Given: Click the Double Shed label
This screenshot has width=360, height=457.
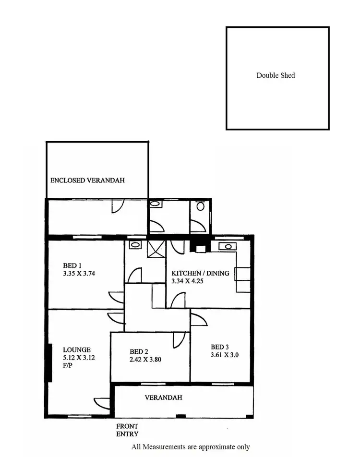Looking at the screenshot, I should [276, 75].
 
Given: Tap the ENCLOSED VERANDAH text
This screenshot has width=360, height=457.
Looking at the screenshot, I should [87, 180].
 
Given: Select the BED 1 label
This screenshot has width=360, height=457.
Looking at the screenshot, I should [72, 265].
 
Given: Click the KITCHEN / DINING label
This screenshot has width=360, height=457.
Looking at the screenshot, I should [200, 274].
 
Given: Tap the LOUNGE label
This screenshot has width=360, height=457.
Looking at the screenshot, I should [77, 350].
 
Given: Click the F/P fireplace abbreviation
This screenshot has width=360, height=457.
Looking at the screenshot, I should [68, 365].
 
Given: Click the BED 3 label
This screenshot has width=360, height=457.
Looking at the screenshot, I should [220, 347].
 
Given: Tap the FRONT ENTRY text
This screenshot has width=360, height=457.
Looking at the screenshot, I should [127, 430].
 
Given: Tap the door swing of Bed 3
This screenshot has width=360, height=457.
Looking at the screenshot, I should [197, 320].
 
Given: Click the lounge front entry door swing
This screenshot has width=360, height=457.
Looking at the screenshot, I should [103, 404].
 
